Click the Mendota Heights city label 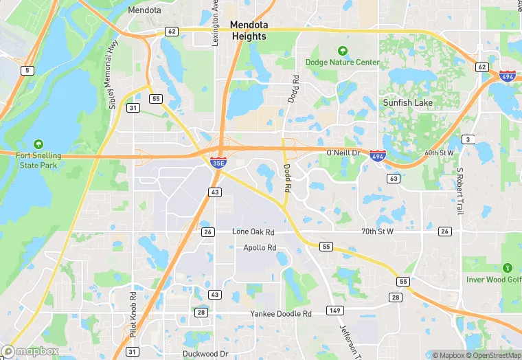pos(249,30)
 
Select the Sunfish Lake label pos(407,102)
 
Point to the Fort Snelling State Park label pos(38,160)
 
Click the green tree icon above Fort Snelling pos(38,145)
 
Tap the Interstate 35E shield pos(216,163)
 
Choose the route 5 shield pos(27,70)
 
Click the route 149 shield pos(334,310)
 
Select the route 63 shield pos(394,179)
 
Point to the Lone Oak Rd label pos(253,232)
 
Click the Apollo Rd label pos(260,247)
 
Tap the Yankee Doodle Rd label pos(280,313)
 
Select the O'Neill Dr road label pos(343,152)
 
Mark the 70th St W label pos(378,232)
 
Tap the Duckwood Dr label pos(205,354)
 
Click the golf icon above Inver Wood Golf pos(508,267)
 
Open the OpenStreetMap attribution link pos(494,355)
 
